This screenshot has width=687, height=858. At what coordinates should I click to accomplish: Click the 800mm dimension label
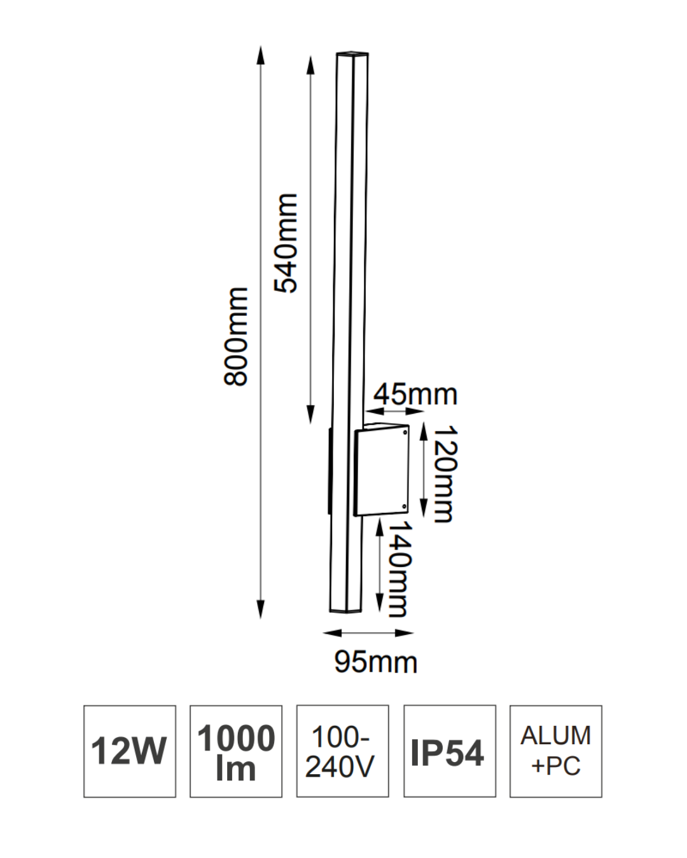tap(236, 336)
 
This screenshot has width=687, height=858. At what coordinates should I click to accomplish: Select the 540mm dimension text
tap(286, 243)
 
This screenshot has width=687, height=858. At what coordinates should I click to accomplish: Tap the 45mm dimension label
tap(415, 395)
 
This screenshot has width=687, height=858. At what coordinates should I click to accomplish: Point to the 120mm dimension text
tap(443, 474)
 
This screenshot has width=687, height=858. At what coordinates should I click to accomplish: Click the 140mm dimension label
tap(399, 569)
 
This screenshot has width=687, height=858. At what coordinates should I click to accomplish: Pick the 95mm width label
tap(376, 662)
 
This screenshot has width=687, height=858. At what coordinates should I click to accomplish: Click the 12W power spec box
tap(130, 751)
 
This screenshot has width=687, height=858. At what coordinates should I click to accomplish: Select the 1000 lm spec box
tap(236, 751)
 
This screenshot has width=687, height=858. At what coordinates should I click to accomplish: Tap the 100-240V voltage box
tap(342, 751)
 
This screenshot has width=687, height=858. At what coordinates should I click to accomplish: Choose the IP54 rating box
tap(449, 751)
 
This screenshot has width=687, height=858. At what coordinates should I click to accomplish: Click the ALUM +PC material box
tap(555, 751)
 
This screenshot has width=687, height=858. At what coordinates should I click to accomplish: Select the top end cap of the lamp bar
tap(352, 54)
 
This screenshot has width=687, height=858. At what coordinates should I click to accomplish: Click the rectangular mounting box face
tap(380, 472)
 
